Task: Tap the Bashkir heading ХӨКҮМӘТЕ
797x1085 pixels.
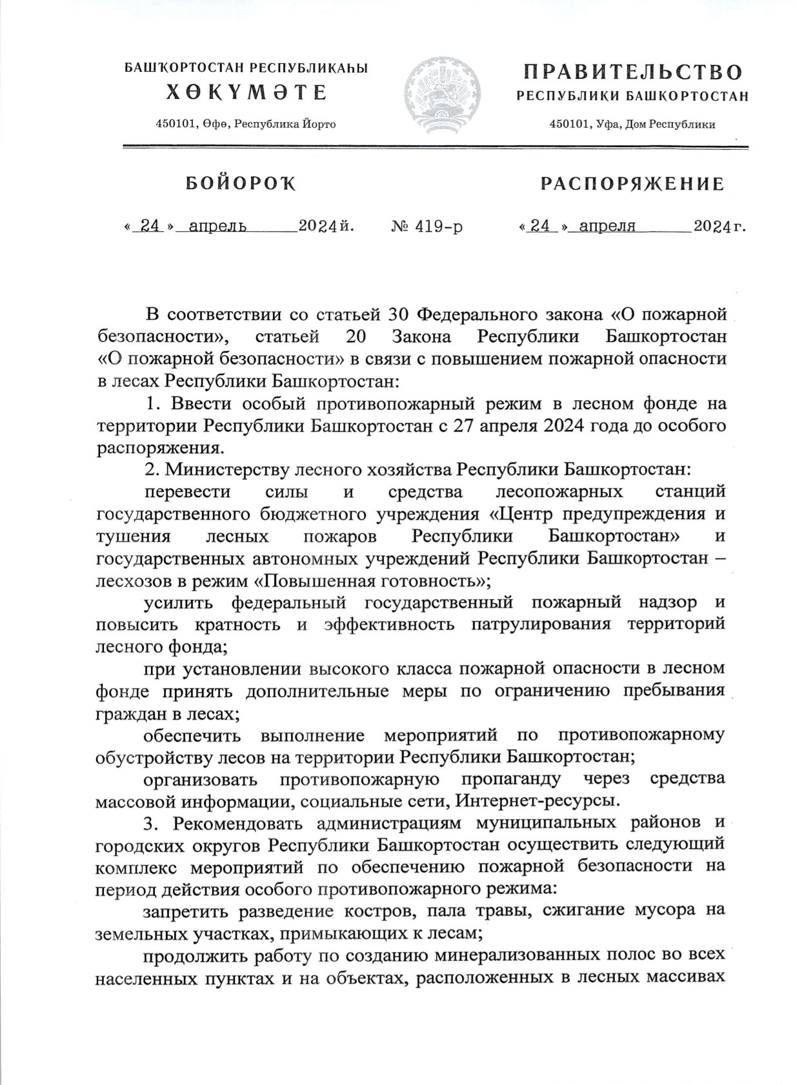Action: [247, 93]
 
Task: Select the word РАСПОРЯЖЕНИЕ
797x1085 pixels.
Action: [632, 185]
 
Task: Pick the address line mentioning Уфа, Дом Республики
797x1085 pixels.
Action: [632, 125]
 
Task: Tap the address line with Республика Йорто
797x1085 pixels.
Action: [246, 124]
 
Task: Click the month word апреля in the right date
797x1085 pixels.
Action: [607, 226]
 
